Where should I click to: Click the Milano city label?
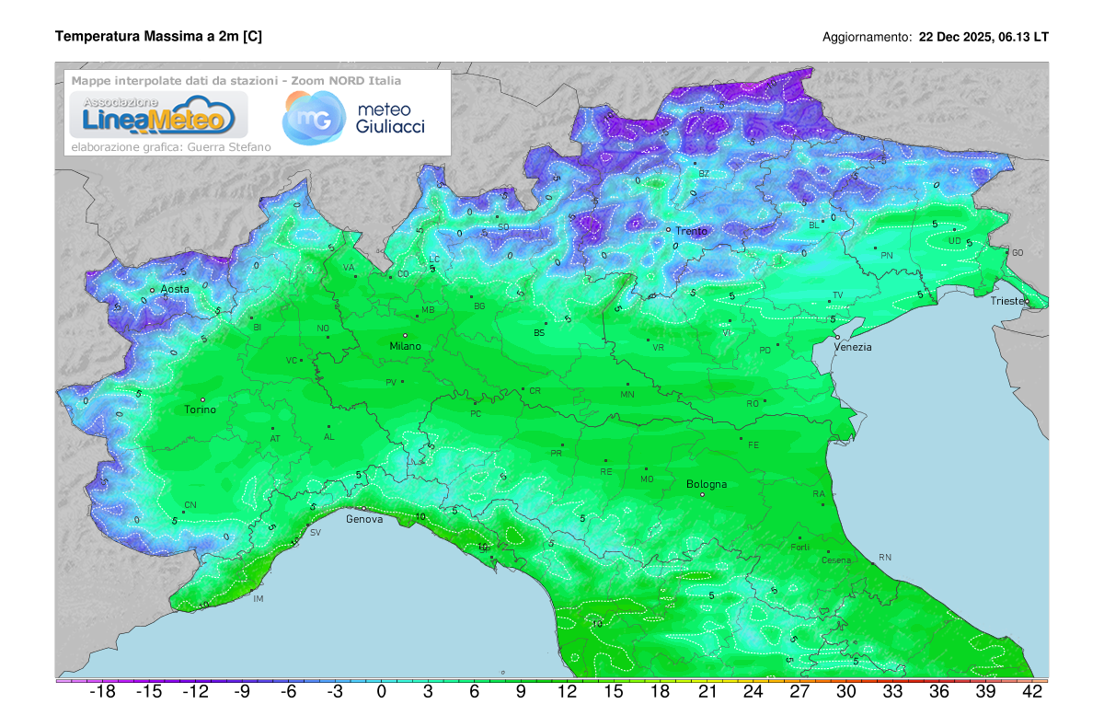(405, 346)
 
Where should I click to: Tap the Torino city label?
(201, 410)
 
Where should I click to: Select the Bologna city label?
(707, 484)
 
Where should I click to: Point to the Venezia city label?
(852, 347)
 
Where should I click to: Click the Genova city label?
(364, 519)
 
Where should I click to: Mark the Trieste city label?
(1010, 301)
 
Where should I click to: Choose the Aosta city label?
(175, 289)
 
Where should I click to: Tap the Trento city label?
(692, 231)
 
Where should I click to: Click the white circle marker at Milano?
(405, 335)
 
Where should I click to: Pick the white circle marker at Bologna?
(703, 495)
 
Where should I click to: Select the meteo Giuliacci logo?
(354, 118)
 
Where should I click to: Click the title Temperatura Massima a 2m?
(158, 37)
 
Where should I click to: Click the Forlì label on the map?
(799, 548)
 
